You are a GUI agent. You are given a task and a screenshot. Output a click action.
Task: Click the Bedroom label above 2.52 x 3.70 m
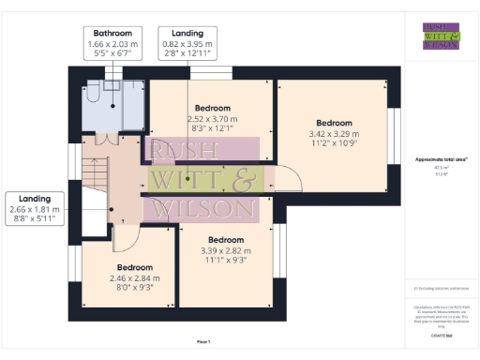(212, 109)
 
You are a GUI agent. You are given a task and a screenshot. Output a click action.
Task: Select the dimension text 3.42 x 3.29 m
(333, 134)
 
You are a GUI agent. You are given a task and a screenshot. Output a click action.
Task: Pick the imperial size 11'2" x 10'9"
(333, 144)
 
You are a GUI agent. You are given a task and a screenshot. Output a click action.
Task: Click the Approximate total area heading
(442, 159)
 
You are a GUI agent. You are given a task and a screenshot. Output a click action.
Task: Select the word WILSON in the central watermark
(204, 207)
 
